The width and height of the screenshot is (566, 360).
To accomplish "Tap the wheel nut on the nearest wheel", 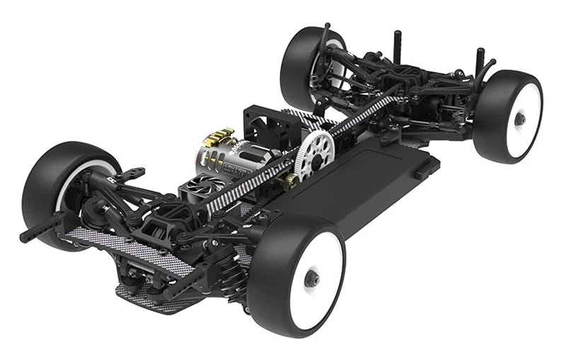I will pos(311,278).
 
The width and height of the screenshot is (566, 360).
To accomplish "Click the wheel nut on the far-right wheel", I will pos(519,119).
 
